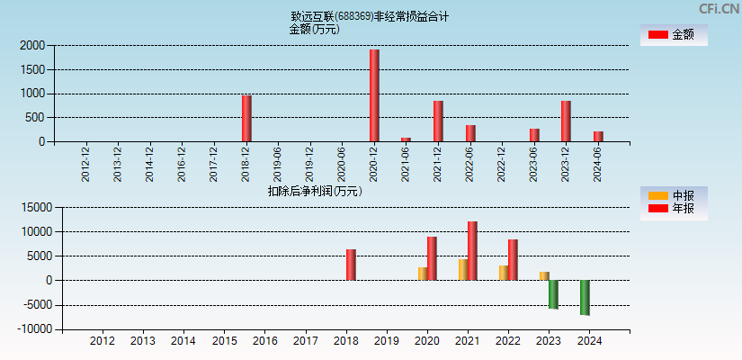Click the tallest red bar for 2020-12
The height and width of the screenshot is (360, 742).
click(374, 95)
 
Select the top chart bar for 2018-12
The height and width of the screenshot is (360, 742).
click(246, 118)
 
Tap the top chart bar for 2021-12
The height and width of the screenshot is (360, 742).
click(438, 121)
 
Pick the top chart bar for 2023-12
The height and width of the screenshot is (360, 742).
click(566, 121)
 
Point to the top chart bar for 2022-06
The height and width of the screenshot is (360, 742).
click(470, 133)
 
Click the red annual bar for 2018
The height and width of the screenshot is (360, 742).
click(351, 265)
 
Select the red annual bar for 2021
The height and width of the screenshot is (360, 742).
click(472, 251)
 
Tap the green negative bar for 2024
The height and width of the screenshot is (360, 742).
click(585, 298)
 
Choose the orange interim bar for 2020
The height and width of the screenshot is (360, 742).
click(423, 274)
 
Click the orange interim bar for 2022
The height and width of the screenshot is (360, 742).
click(504, 273)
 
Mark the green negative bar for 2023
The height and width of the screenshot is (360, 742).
click(553, 294)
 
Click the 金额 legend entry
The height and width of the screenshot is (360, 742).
click(673, 34)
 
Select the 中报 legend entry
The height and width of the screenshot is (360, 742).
click(673, 195)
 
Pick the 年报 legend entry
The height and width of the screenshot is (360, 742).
click(673, 209)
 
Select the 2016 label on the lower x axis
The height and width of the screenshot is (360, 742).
click(264, 341)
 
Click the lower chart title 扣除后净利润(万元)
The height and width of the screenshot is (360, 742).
click(315, 191)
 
